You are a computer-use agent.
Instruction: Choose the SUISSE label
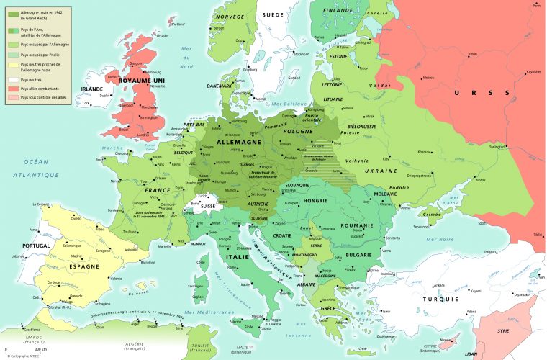pos(208,206)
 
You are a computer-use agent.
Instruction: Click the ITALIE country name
pos(240,257)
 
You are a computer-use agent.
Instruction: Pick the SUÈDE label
pos(271,14)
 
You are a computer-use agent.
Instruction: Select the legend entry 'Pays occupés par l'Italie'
pos(40,54)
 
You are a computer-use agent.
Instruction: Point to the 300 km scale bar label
pos(30,349)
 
